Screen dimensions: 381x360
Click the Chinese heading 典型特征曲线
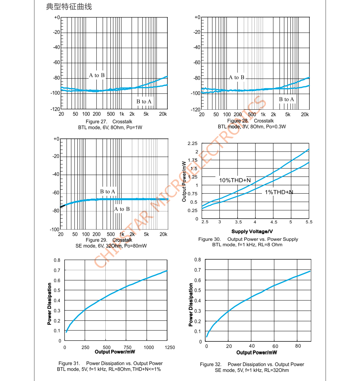pos(69,7)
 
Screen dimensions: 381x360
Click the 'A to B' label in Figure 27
pos(97,76)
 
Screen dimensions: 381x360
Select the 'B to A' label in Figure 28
pos(287,100)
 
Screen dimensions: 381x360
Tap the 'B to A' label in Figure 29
pos(108,191)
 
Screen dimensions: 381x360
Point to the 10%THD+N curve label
pos(235,180)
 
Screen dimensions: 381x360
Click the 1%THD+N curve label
pos(279,192)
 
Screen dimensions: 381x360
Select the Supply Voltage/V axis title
pos(252,231)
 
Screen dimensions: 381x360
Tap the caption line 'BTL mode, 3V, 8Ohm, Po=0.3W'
pos(252,127)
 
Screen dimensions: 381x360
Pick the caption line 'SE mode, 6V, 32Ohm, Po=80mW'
pos(111,246)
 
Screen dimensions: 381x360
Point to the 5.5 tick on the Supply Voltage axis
pos(308,222)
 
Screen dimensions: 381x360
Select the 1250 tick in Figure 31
pos(170,348)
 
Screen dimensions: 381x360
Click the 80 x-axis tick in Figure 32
pos(298,346)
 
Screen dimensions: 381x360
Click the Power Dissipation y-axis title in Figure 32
pos(191,305)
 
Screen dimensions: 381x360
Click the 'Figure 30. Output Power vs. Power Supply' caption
pos(248,239)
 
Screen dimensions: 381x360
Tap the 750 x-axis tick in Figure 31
pos(128,348)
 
